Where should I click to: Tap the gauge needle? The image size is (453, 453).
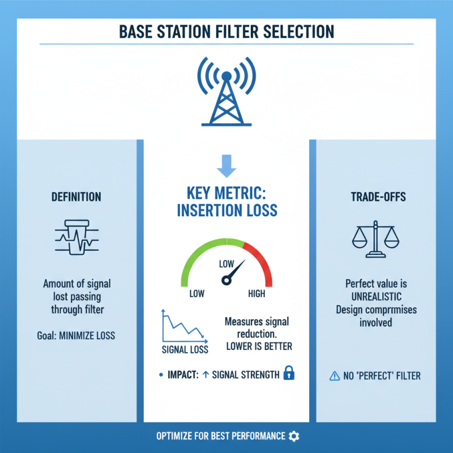coord(234,271)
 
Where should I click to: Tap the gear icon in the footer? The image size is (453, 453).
coord(293,436)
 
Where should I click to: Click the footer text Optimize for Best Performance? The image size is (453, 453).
coord(220,436)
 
